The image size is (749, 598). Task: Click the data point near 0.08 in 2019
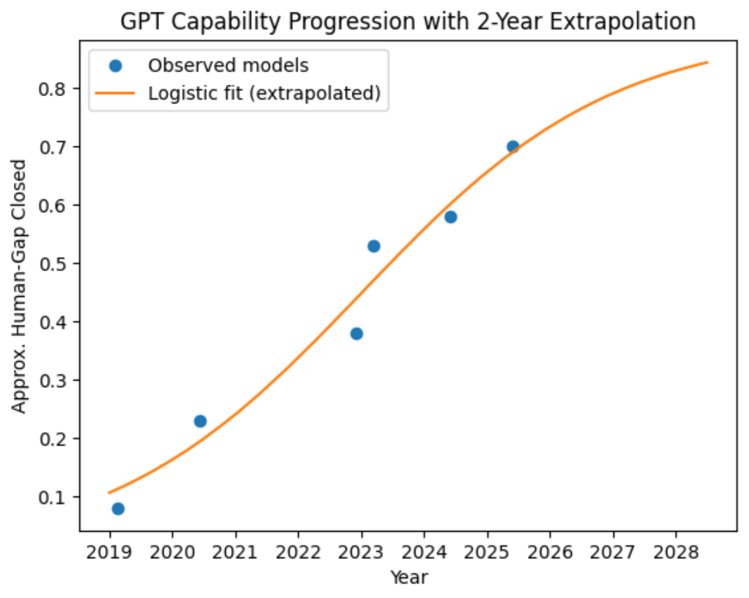(118, 508)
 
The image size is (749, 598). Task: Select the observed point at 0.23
(200, 421)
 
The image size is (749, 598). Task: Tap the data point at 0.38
(357, 333)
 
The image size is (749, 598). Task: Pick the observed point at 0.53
(374, 246)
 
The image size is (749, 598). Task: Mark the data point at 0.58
(451, 217)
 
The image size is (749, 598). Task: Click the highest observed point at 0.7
(512, 146)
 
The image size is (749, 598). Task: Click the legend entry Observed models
(228, 65)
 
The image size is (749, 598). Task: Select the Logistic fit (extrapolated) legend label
(264, 93)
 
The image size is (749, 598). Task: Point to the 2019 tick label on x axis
(109, 552)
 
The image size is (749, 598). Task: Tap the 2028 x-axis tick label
(676, 552)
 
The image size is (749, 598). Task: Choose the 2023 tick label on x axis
(361, 552)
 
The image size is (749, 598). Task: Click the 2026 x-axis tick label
(550, 552)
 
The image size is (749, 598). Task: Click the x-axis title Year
(409, 577)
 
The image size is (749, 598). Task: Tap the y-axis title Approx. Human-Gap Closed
(19, 286)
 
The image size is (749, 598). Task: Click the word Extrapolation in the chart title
(622, 22)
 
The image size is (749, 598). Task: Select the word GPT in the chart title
(142, 22)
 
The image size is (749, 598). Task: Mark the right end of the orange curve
(707, 62)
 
